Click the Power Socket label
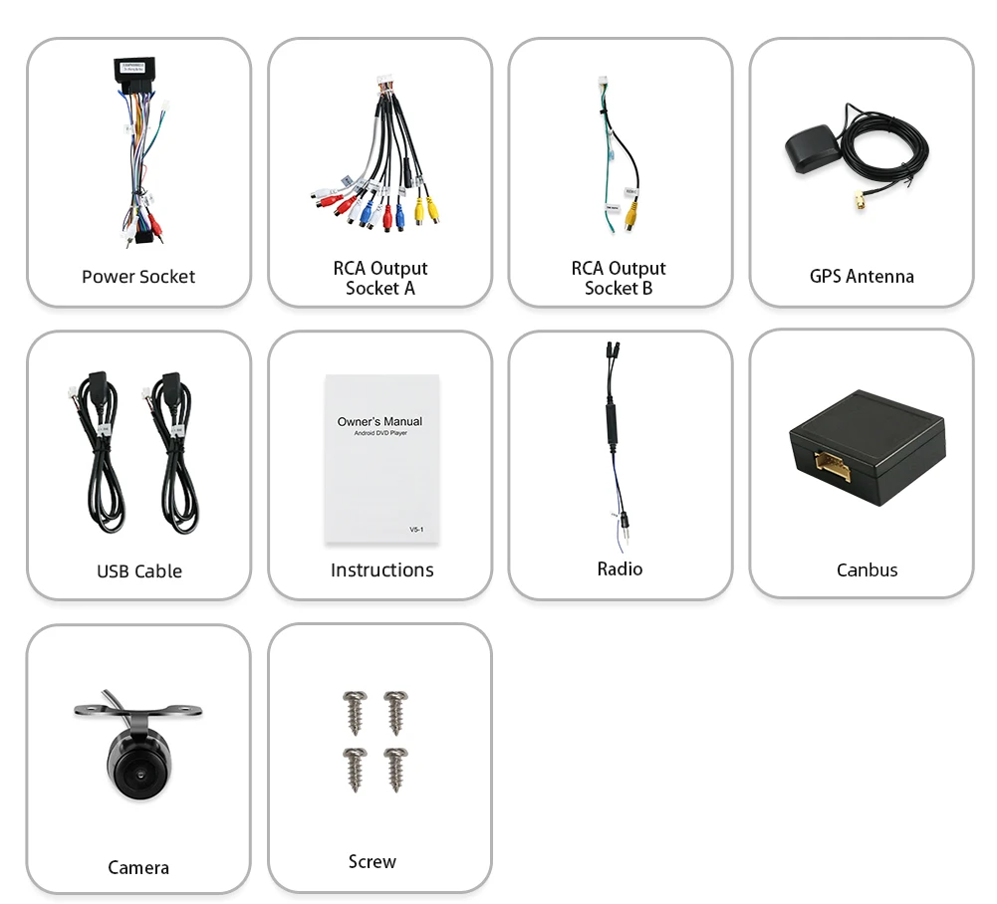pos(138,277)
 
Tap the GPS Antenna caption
pos(862,276)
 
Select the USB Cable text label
pos(139,571)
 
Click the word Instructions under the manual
pos(381,570)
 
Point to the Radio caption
pos(620,568)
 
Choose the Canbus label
pos(867,570)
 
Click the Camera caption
pos(138,868)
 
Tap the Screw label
pos(373,862)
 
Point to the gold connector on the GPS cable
pos(856,205)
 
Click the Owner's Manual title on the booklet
pos(379,421)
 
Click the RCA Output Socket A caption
pos(379,278)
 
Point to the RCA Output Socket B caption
pos(619,278)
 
